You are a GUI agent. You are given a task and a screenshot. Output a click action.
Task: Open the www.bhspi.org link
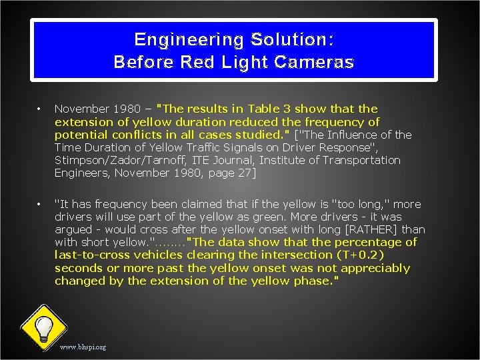click(x=83, y=347)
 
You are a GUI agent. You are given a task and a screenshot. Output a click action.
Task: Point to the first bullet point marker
click(x=40, y=109)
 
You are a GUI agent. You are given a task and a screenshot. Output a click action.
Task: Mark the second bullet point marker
click(x=40, y=204)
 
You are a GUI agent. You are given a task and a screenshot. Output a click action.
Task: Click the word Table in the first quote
click(x=264, y=109)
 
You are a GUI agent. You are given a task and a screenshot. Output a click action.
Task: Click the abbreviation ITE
click(x=201, y=160)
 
